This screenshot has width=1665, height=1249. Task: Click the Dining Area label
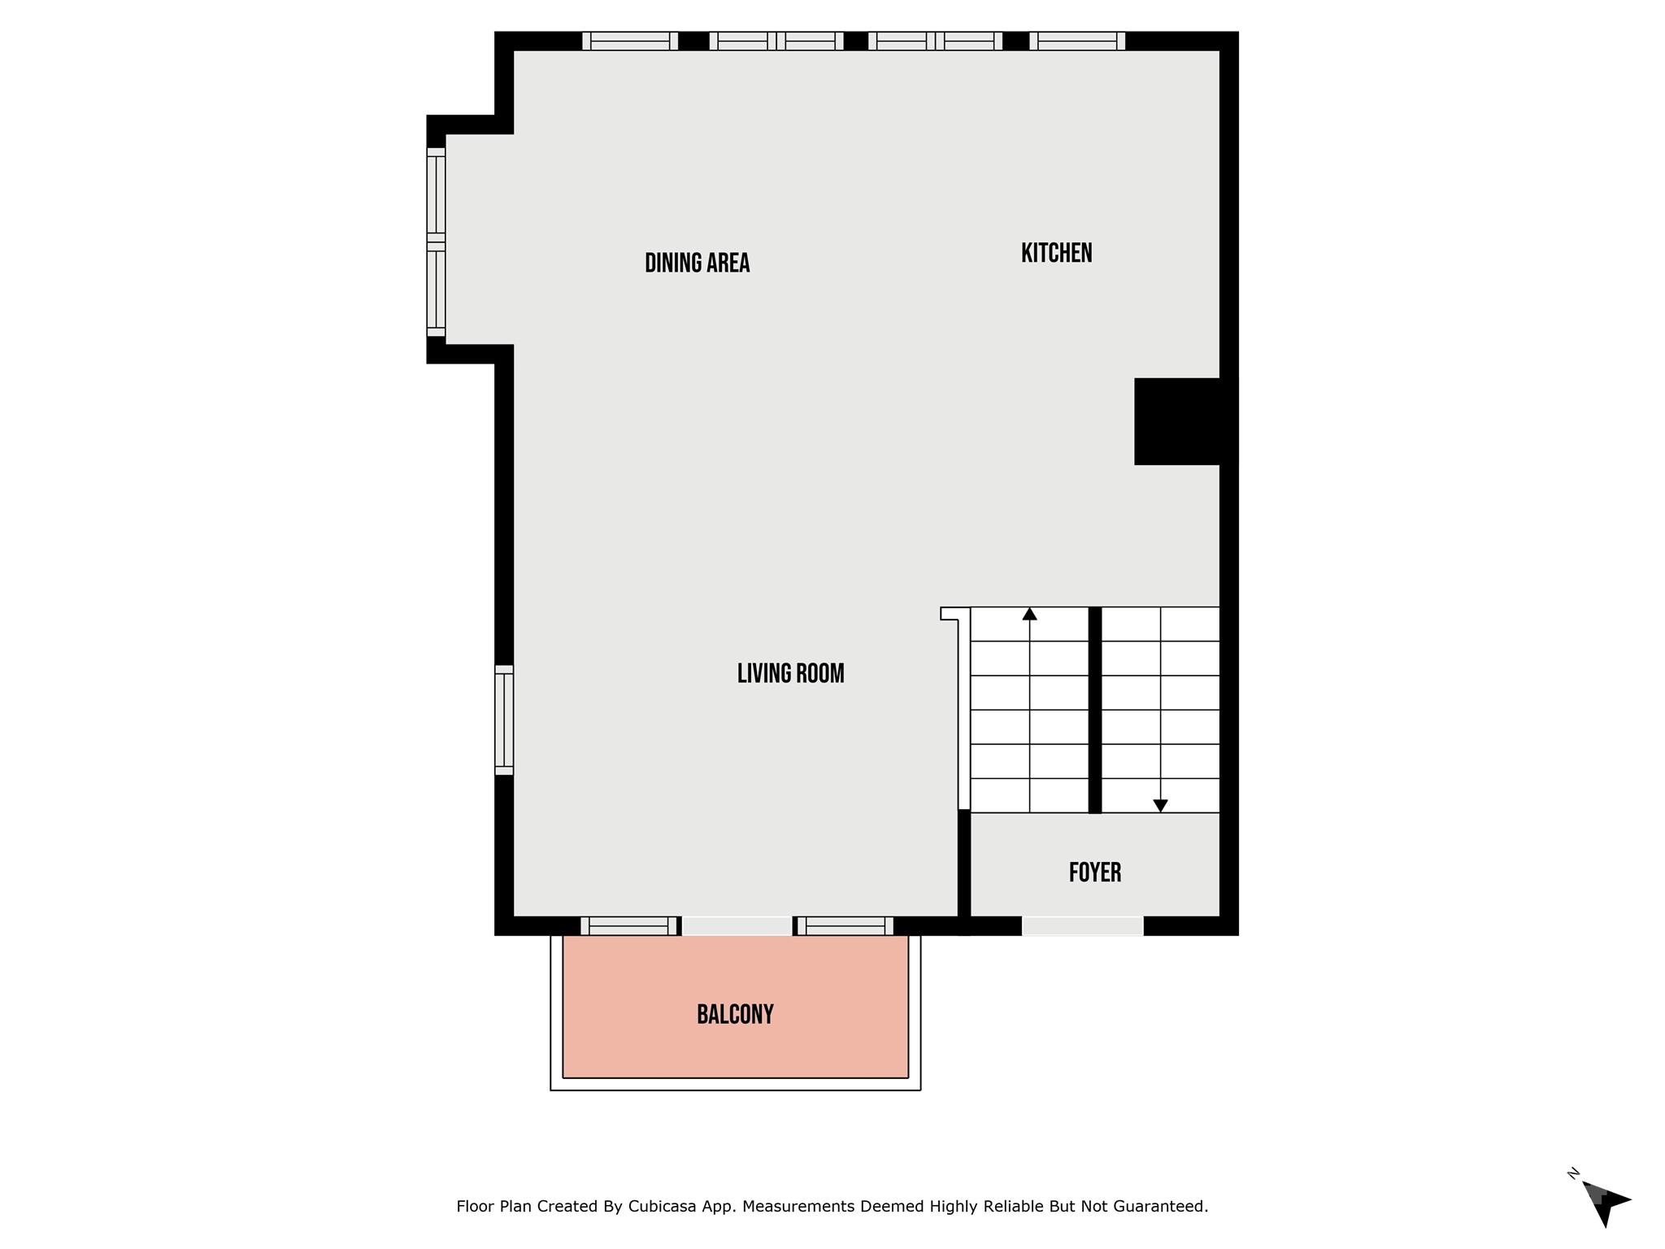click(x=697, y=263)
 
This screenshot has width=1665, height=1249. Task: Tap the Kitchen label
click(x=1056, y=253)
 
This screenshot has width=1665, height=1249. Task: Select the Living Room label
click(x=790, y=673)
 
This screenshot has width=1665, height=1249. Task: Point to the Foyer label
click(x=1094, y=873)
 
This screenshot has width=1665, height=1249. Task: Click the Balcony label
click(x=735, y=1014)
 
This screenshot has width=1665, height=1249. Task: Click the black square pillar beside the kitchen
click(x=1176, y=421)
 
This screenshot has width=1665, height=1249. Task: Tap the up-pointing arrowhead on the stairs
click(x=1029, y=614)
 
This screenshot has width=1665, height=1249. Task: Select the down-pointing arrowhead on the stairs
click(x=1160, y=805)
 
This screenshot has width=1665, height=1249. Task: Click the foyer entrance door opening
click(x=1082, y=925)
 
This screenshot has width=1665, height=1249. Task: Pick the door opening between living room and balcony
click(x=737, y=925)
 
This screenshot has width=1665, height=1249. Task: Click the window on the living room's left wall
click(x=504, y=720)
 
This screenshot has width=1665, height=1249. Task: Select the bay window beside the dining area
click(x=437, y=242)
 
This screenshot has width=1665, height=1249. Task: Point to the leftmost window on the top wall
click(x=630, y=41)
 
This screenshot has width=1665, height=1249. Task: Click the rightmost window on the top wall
click(x=1077, y=41)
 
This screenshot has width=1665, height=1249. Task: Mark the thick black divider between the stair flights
click(x=1094, y=709)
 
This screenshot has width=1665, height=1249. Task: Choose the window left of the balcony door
click(x=628, y=925)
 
